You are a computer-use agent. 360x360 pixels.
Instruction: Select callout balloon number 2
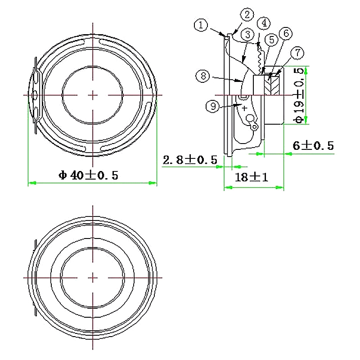247,14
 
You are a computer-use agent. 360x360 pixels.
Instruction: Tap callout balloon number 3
247,34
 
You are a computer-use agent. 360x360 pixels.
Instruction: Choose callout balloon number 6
285,34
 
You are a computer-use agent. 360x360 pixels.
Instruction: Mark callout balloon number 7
297,53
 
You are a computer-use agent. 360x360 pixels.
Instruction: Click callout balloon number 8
203,76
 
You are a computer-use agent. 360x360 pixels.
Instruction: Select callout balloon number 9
212,106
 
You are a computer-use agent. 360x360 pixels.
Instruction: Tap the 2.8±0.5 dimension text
190,160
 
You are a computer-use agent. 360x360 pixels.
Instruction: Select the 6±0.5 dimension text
313,146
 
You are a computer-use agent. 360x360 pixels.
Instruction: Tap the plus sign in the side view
244,108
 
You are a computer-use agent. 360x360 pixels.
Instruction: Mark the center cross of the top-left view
93,95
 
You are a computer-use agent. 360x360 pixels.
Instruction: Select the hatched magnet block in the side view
273,85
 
